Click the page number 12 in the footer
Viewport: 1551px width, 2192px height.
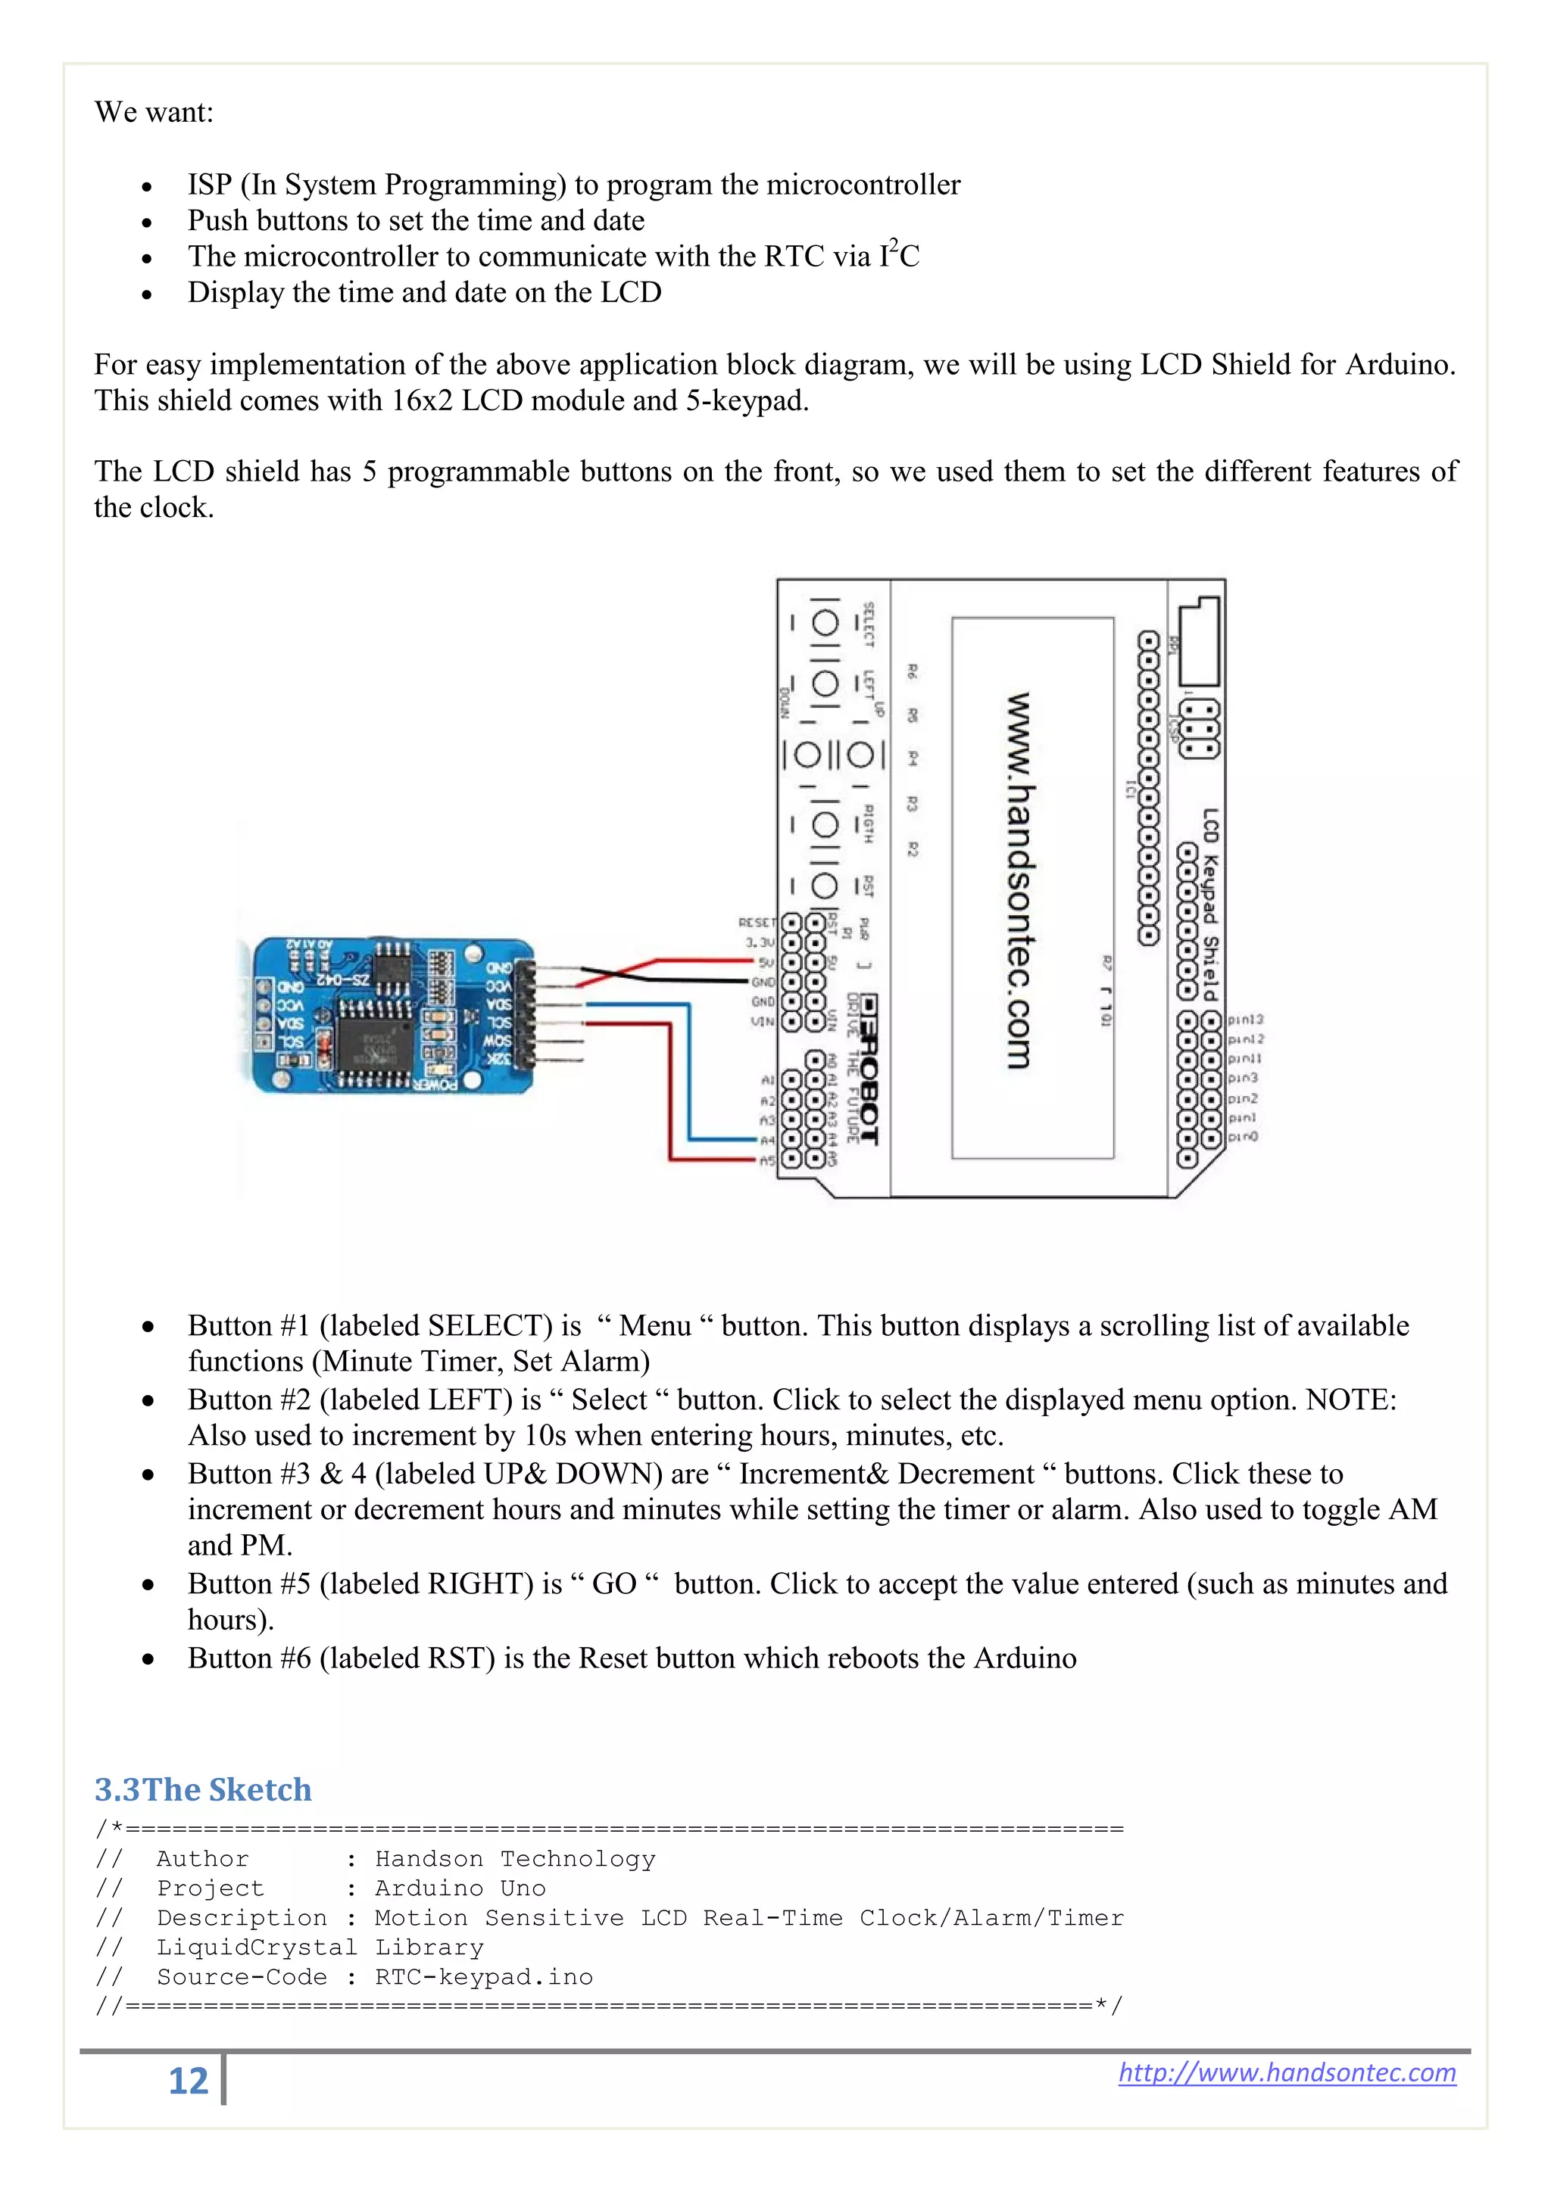[x=188, y=2080]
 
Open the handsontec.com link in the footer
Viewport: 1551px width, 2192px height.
[x=1287, y=2072]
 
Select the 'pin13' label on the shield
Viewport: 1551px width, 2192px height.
[x=1245, y=1020]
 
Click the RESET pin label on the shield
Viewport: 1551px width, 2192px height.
[x=757, y=922]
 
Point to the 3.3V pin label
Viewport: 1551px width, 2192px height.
[x=760, y=942]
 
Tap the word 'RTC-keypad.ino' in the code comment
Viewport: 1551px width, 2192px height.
[x=483, y=1976]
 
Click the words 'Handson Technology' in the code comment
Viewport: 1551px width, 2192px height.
[x=515, y=1858]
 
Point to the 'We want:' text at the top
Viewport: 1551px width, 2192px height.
[x=154, y=112]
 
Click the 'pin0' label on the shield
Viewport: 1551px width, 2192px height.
[x=1244, y=1137]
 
